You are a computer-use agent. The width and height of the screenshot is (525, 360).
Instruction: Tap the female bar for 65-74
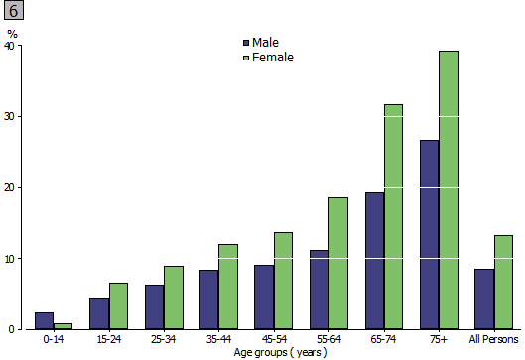click(393, 217)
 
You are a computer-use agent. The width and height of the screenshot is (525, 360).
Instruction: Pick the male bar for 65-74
click(373, 261)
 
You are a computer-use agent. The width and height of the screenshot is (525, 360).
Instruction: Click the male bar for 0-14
click(44, 320)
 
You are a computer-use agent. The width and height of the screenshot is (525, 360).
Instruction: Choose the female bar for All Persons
click(503, 282)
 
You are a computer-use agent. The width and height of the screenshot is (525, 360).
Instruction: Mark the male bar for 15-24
click(98, 313)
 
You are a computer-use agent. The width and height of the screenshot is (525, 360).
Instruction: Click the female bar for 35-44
click(228, 287)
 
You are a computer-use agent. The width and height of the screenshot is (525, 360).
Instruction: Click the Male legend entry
click(260, 43)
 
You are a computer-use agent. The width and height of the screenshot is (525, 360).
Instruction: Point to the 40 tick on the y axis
click(10, 46)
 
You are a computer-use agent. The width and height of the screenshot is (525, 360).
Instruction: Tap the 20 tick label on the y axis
click(10, 187)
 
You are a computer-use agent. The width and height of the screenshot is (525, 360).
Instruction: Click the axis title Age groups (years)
click(274, 352)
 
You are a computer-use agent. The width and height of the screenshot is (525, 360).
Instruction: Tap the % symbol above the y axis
click(12, 34)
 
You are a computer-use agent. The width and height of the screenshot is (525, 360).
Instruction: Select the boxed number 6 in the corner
click(14, 12)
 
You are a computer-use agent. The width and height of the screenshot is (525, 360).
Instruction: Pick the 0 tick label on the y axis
click(12, 329)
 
